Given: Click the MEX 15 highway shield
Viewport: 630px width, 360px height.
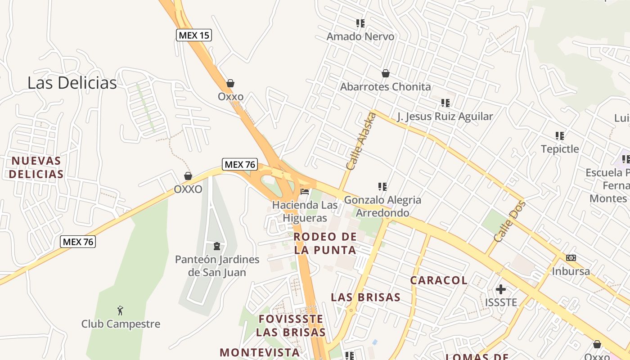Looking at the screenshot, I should coord(193,35).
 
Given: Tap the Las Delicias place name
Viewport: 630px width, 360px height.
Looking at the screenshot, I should coord(72,83).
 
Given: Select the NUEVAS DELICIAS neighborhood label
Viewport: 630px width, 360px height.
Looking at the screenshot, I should coord(36,167).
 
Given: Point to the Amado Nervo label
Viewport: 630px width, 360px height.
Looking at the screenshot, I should coord(360,36).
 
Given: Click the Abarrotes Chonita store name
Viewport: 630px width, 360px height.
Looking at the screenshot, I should coord(385,87).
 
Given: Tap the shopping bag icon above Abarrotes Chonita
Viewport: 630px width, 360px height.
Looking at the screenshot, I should coord(385,73).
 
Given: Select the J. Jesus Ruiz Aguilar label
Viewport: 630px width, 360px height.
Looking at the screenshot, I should coord(445,117).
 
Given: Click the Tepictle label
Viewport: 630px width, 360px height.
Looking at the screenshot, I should coord(560,149).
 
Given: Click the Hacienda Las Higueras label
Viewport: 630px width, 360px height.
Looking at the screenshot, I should coord(305,211).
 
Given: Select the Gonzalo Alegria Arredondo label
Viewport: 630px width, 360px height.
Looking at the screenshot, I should coord(382,206).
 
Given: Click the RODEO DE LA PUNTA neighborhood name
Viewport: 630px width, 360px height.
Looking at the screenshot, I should coord(325,243).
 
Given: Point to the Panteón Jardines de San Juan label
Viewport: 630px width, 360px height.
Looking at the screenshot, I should coord(217,266).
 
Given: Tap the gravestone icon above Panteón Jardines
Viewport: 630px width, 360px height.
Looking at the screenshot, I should coord(217,246).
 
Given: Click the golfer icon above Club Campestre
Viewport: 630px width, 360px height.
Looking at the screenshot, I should coord(120,310).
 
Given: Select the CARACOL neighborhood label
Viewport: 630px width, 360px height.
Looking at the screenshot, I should coord(439,280).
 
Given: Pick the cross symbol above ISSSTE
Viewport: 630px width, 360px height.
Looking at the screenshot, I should coord(500,289).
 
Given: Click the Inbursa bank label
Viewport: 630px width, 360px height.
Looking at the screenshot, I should coord(571,271).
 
